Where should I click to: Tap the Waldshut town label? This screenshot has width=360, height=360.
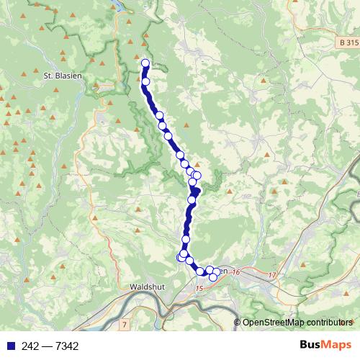coord(148,286)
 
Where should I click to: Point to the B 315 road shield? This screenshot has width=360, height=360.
coord(348,44)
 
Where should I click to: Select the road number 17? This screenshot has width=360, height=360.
coord(271,275)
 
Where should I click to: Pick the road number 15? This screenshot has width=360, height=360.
coord(199,288)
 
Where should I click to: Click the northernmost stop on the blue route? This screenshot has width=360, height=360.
coord(145,63)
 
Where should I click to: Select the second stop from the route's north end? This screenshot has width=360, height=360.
coord(145,82)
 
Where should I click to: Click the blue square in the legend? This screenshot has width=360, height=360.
coord(8,346)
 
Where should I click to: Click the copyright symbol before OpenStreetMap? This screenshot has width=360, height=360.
coord(238,323)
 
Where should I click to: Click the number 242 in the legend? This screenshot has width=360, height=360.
coord(28,346)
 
